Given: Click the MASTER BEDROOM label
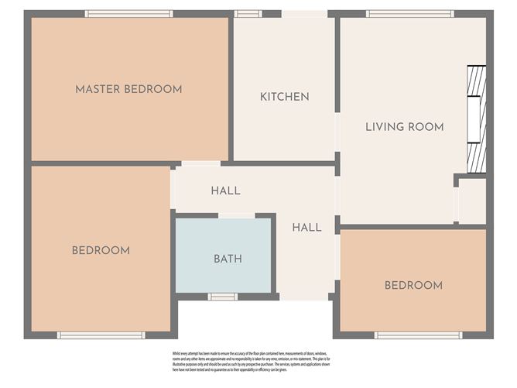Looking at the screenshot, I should [x=128, y=89].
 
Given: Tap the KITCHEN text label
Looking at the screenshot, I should [x=284, y=97].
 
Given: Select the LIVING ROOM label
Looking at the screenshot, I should [x=404, y=127].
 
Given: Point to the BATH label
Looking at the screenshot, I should [x=228, y=259].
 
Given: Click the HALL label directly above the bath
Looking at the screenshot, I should [x=225, y=191].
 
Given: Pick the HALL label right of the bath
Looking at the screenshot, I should [x=306, y=228].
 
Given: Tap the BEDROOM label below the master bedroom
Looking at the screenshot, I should [x=101, y=250].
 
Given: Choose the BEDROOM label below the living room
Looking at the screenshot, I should [x=413, y=286].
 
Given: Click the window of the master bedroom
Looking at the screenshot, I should [x=128, y=13].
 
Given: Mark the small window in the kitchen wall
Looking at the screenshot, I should [x=248, y=13].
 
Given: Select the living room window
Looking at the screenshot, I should [x=409, y=13].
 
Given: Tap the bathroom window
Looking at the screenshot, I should [x=223, y=297].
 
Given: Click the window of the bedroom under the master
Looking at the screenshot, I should [x=101, y=335].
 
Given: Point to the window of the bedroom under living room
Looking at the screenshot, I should [x=418, y=335].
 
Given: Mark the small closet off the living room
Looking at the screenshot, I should [x=471, y=201].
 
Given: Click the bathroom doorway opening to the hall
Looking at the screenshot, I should [x=236, y=215].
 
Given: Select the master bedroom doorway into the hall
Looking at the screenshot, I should [x=199, y=163].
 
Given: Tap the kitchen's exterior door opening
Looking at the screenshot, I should [x=304, y=13].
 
